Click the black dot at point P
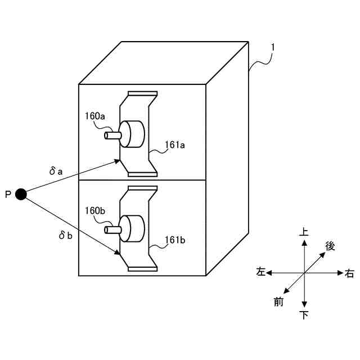click(21, 194)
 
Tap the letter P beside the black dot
click(8, 195)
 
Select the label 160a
click(95, 116)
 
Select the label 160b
click(95, 211)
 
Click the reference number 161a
click(175, 145)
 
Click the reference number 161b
click(175, 240)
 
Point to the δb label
click(66, 236)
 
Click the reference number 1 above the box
click(272, 49)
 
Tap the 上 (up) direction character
click(304, 231)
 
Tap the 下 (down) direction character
click(304, 315)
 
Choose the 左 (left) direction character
click(260, 272)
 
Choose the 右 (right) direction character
click(349, 273)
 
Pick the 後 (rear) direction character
click(330, 245)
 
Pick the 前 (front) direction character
click(278, 302)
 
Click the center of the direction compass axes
click(304, 273)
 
